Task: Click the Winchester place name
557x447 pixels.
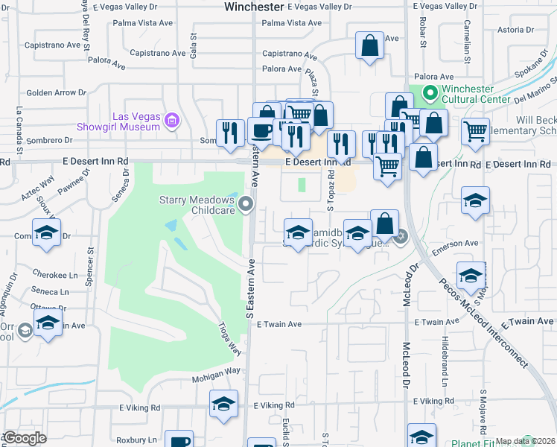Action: [x=253, y=7]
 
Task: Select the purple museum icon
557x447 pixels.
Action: [x=172, y=120]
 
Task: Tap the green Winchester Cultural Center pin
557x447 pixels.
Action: [x=429, y=94]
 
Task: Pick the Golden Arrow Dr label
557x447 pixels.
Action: [x=57, y=93]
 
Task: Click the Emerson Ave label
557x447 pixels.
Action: [x=460, y=243]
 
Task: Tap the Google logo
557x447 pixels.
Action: [x=24, y=438]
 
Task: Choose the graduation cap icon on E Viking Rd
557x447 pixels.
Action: [x=223, y=405]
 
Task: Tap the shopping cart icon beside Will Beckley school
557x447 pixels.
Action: [x=475, y=132]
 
